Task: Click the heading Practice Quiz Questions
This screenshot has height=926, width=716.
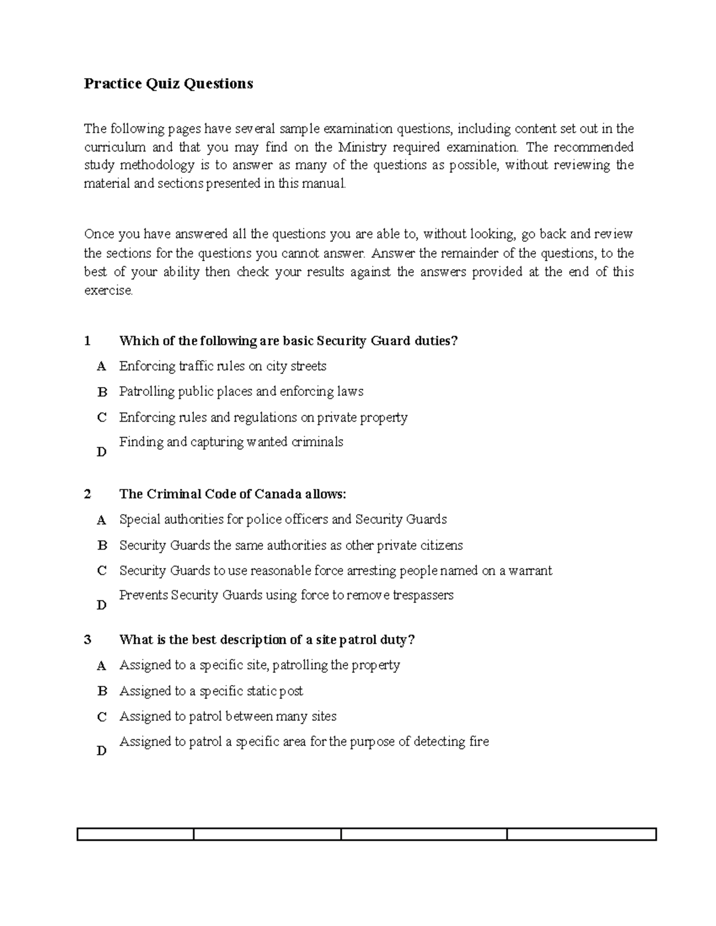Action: coord(168,83)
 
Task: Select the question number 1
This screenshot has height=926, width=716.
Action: coord(88,341)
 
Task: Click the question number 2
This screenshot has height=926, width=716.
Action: coord(88,494)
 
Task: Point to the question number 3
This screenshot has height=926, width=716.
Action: coord(88,640)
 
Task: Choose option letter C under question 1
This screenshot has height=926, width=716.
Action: coord(102,417)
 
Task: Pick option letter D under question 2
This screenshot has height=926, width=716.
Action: coord(102,605)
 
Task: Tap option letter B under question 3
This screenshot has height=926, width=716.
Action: coord(102,691)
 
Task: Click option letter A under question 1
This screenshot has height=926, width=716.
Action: coord(102,366)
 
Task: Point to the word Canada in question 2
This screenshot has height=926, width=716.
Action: coord(279,494)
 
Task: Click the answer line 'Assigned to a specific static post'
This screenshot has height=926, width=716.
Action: coord(211,691)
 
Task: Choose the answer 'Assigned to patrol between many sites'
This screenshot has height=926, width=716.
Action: coord(228,716)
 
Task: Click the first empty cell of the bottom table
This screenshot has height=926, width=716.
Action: coord(135,834)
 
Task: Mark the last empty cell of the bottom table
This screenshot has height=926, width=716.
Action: coord(581,834)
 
